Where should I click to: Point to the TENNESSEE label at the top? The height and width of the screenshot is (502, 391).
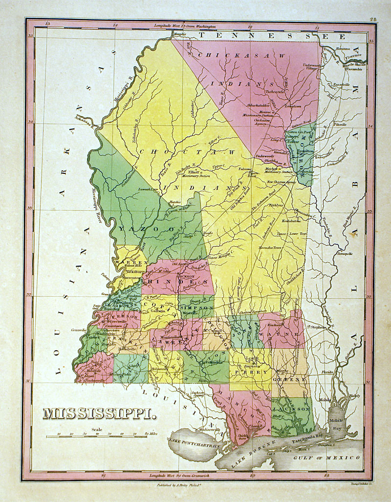click(274, 36)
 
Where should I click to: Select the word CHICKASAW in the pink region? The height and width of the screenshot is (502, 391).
click(239, 56)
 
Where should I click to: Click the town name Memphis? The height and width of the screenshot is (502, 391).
click(180, 34)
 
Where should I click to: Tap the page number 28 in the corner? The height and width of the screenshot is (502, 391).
click(373, 20)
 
